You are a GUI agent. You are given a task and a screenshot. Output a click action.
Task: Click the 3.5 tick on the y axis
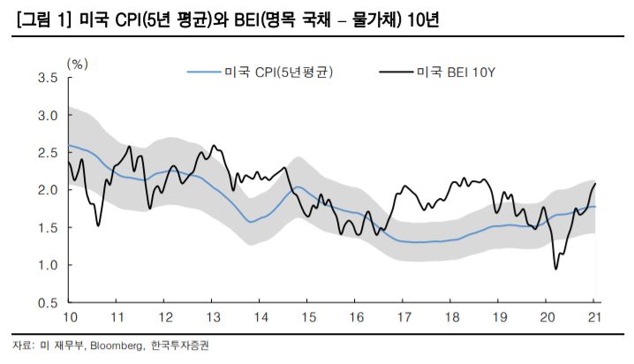click(x=48, y=78)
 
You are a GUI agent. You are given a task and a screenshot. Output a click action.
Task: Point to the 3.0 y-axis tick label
click(x=48, y=116)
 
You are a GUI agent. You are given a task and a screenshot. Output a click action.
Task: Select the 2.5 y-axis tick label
click(x=48, y=153)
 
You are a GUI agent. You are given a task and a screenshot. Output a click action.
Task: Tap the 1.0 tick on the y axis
click(x=48, y=265)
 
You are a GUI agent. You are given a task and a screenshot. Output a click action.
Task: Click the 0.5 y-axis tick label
click(x=48, y=303)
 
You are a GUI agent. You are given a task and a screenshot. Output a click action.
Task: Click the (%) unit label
click(x=78, y=64)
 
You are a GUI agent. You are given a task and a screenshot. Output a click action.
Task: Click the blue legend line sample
click(x=204, y=72)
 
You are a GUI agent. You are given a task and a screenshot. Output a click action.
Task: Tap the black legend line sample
click(x=396, y=72)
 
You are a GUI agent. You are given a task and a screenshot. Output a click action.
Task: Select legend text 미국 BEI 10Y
click(x=457, y=72)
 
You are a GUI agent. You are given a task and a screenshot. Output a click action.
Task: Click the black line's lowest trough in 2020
click(x=556, y=269)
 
